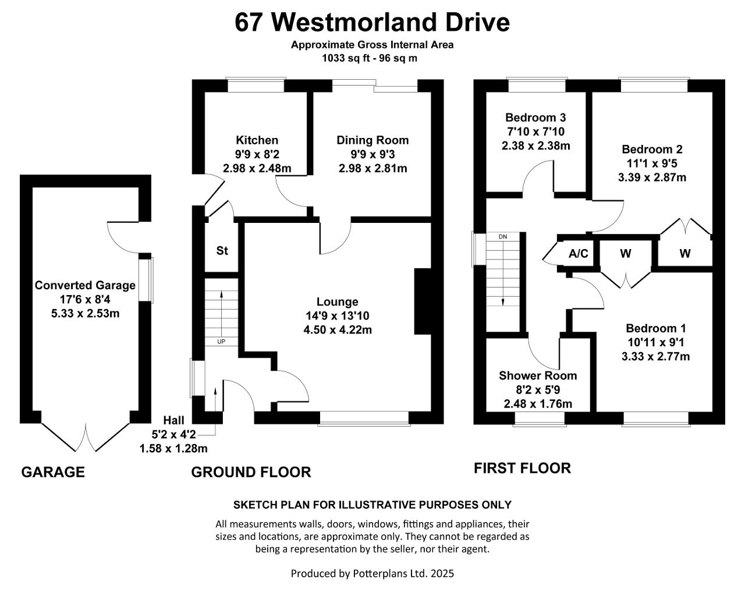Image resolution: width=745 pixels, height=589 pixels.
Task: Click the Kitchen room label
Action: pyautogui.click(x=257, y=140)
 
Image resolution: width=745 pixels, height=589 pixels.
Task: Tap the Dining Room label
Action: pyautogui.click(x=372, y=140)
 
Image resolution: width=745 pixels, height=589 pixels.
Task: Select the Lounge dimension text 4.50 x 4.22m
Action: pyautogui.click(x=338, y=329)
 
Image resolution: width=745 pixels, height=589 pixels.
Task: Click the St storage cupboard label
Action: pyautogui.click(x=222, y=250)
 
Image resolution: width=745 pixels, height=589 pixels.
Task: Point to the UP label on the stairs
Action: pyautogui.click(x=221, y=342)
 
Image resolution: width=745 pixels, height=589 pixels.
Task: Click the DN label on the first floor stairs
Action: pyautogui.click(x=503, y=237)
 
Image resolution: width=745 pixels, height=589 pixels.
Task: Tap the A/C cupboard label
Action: pyautogui.click(x=578, y=254)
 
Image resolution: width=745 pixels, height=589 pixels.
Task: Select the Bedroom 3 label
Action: pyautogui.click(x=535, y=118)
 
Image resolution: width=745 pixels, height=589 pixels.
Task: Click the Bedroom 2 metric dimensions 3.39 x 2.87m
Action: pyautogui.click(x=652, y=178)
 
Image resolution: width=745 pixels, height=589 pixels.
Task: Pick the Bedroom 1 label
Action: pyautogui.click(x=656, y=328)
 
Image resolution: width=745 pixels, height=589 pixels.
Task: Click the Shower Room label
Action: pyautogui.click(x=538, y=375)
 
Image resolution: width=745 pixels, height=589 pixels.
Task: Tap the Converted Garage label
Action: pyautogui.click(x=85, y=285)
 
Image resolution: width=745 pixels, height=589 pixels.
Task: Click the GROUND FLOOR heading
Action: pyautogui.click(x=251, y=473)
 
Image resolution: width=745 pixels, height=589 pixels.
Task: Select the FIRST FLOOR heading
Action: pyautogui.click(x=522, y=468)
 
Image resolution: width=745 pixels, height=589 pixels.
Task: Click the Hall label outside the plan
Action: pyautogui.click(x=173, y=420)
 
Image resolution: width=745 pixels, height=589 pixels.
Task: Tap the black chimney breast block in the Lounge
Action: pyautogui.click(x=423, y=301)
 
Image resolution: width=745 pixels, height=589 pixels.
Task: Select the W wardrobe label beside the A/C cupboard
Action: pyautogui.click(x=625, y=253)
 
